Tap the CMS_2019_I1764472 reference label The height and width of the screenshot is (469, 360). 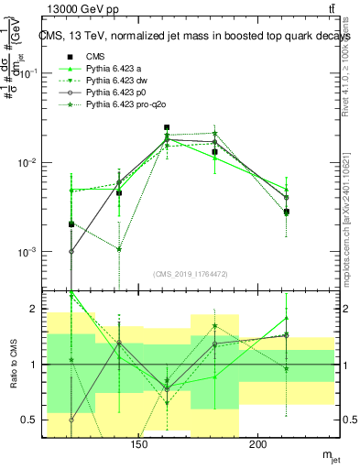click(x=190, y=273)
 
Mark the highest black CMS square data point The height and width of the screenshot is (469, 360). click(x=167, y=127)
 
